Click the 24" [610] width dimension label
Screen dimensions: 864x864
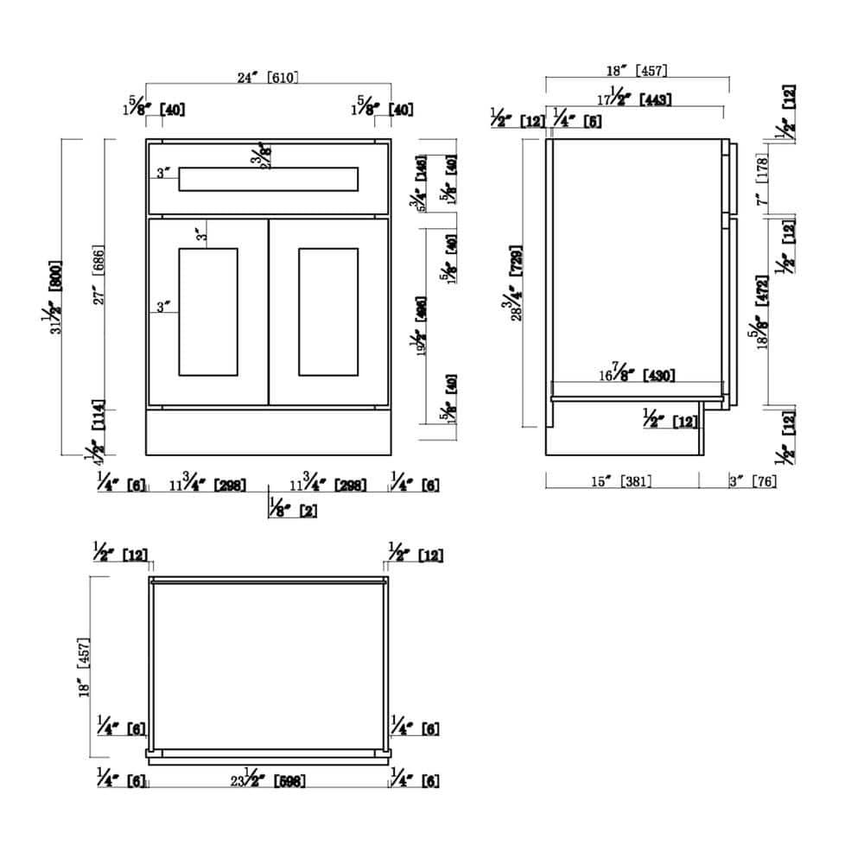pyautogui.click(x=268, y=77)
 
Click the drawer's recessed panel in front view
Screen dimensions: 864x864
pyautogui.click(x=268, y=179)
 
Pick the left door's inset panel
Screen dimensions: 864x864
pyautogui.click(x=207, y=311)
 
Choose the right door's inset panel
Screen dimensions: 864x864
pyautogui.click(x=327, y=311)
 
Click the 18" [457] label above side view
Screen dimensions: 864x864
pyautogui.click(x=638, y=70)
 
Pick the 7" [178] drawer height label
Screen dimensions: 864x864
pyautogui.click(x=762, y=179)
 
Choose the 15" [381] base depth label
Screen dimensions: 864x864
pyautogui.click(x=621, y=481)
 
